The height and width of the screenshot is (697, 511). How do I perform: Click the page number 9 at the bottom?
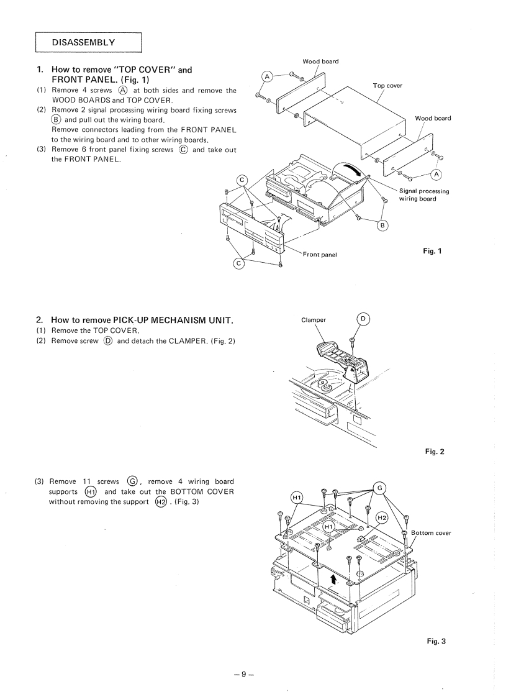(255, 672)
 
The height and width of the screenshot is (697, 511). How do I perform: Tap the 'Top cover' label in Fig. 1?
(388, 85)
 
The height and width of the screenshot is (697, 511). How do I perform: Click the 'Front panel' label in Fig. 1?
(320, 255)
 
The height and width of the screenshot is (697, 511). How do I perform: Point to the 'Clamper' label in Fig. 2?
(314, 322)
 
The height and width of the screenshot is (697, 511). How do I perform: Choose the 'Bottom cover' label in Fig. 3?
(431, 533)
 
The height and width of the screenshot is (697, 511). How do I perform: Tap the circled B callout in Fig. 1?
(382, 225)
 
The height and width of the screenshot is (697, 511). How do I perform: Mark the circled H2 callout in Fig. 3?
(382, 517)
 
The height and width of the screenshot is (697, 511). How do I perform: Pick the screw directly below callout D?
(352, 340)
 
